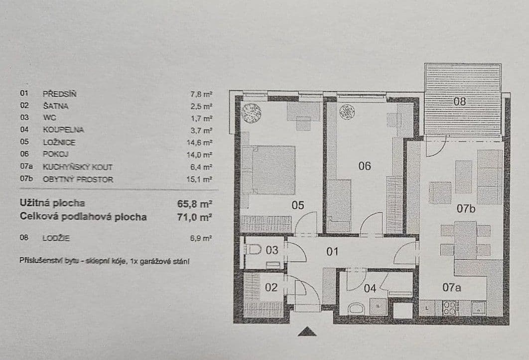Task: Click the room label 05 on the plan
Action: [x=298, y=205]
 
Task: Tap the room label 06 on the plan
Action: [x=365, y=166]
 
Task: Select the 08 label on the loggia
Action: [x=459, y=102]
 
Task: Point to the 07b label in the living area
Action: [x=466, y=209]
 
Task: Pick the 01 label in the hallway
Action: [x=333, y=251]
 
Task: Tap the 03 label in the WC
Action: [x=272, y=250]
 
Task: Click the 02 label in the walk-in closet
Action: [x=270, y=287]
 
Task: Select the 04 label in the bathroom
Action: [x=370, y=288]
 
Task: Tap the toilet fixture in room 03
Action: [x=254, y=249]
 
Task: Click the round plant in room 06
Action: [x=347, y=113]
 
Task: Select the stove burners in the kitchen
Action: [x=450, y=308]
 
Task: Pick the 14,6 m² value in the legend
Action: [x=201, y=142]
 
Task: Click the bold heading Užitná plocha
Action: [x=52, y=203]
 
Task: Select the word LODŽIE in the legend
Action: [x=56, y=238]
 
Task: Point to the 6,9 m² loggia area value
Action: [x=202, y=238]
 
